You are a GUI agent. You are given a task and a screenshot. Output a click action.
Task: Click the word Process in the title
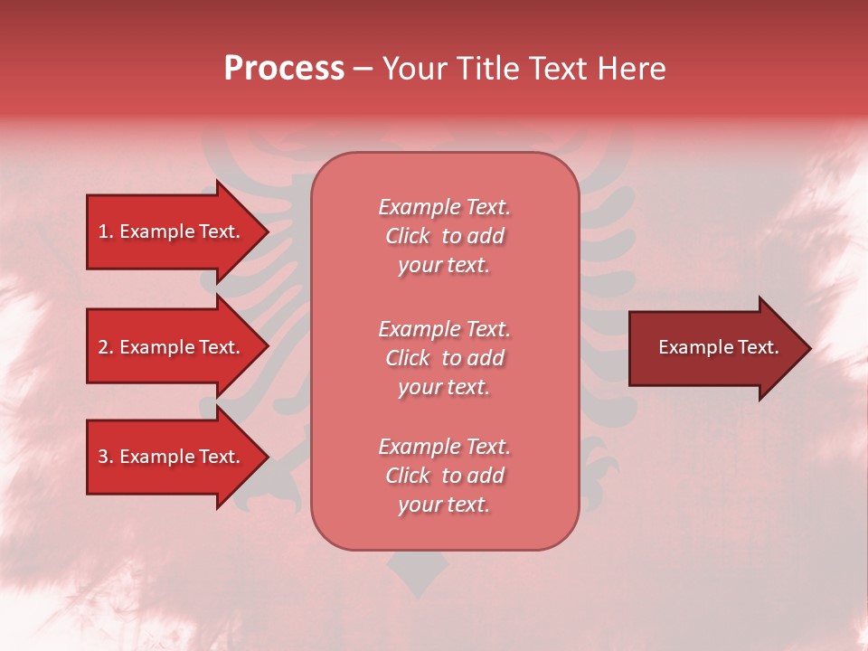click(x=284, y=69)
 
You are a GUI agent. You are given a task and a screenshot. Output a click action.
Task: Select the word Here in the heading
click(x=633, y=69)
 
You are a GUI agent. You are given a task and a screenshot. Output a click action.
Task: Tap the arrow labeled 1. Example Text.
click(x=172, y=231)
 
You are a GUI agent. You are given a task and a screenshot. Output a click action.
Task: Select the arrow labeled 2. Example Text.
click(x=172, y=347)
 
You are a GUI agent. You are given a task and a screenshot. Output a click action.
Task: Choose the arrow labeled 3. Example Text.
click(x=172, y=457)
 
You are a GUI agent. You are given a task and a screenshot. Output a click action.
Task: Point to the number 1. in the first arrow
click(x=106, y=231)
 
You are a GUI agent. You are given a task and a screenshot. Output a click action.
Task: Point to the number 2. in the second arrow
click(x=106, y=347)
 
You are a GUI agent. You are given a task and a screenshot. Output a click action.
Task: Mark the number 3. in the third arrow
click(x=106, y=457)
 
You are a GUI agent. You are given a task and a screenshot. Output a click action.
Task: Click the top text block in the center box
click(x=444, y=236)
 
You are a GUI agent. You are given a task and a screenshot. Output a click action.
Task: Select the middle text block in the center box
click(x=444, y=358)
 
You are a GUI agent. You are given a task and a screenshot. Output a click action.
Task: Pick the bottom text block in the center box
click(x=444, y=476)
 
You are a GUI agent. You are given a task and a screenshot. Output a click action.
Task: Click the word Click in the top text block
click(x=408, y=237)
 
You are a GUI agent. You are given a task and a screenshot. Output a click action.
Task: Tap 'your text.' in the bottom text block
click(x=444, y=505)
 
